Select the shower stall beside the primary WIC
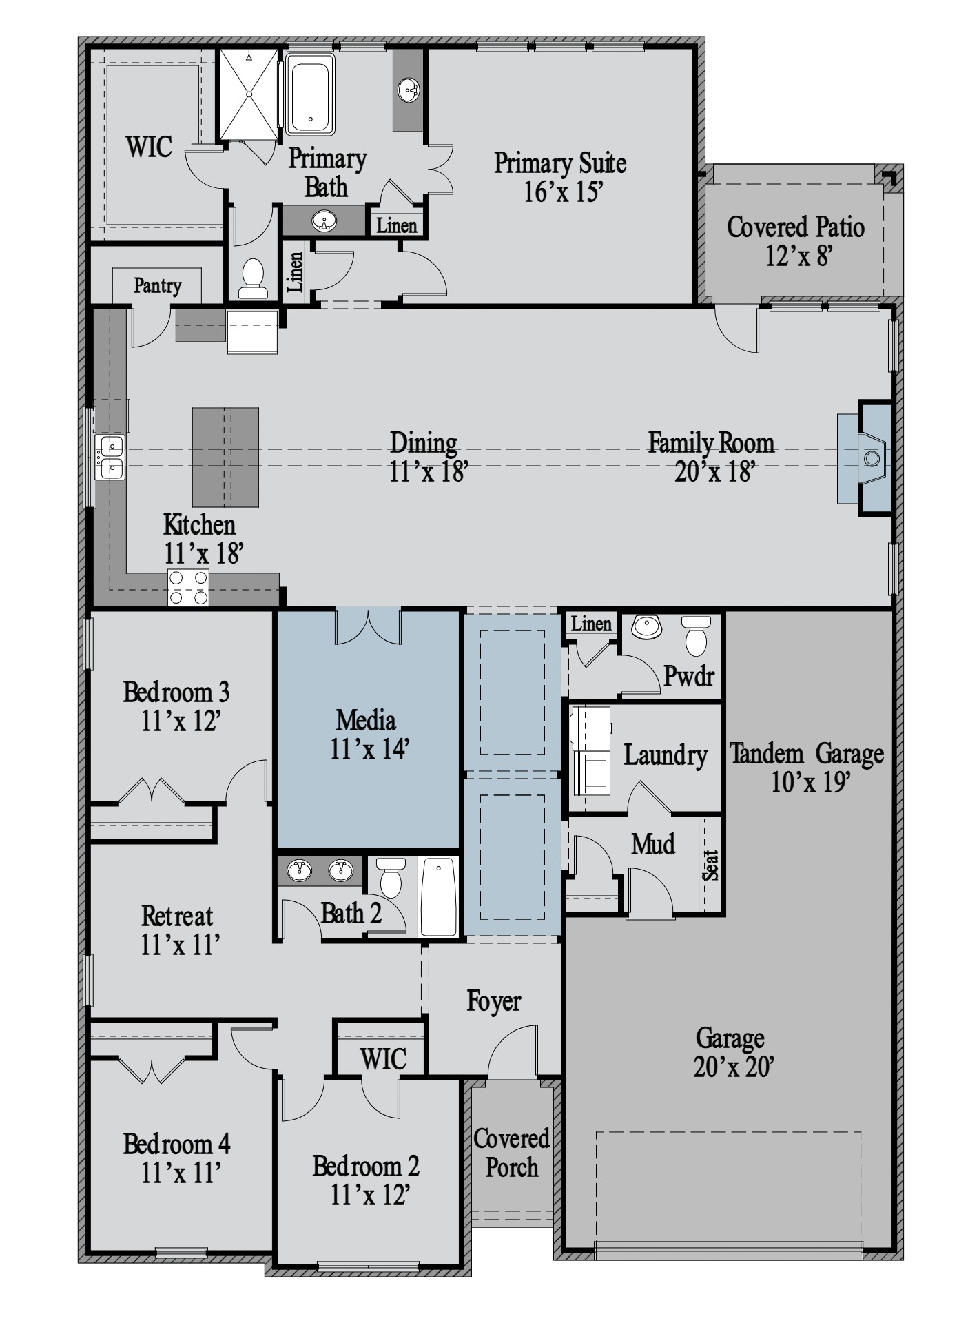coord(249,94)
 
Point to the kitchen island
coord(225,457)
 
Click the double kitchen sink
coord(110,457)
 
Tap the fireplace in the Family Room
coord(874,458)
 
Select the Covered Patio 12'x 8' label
coord(796,240)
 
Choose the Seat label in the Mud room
coord(710,865)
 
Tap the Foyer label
coord(493,1001)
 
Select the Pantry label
coord(158,285)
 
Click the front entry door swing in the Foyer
coord(513,1051)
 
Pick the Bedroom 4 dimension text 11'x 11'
coord(181,1172)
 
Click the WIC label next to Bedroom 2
coord(383,1059)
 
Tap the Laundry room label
coord(666,756)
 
